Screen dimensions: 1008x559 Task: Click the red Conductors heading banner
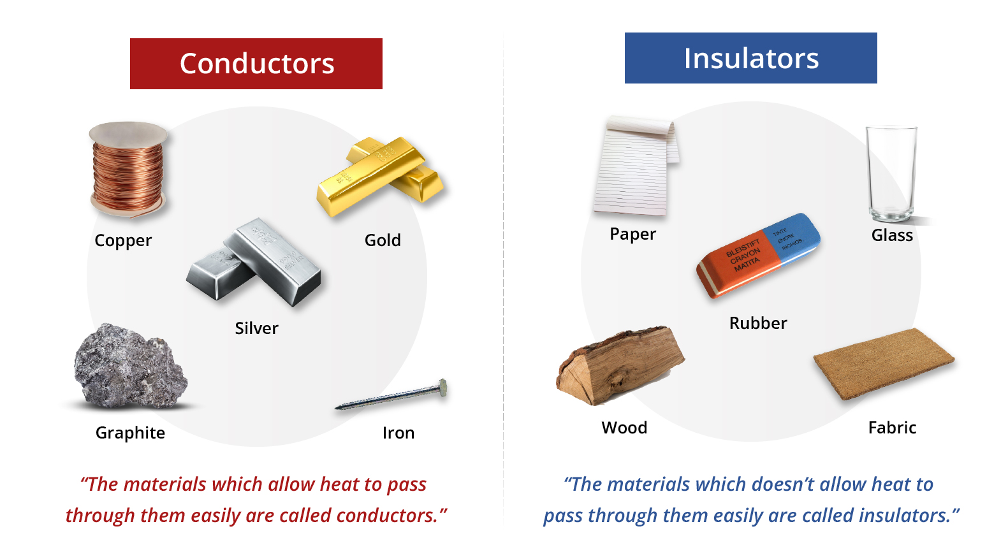pyautogui.click(x=256, y=63)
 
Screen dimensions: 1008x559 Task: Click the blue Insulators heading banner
pyautogui.click(x=750, y=58)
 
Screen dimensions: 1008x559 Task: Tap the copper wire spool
pyautogui.click(x=128, y=170)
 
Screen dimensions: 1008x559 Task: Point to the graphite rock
pyautogui.click(x=131, y=366)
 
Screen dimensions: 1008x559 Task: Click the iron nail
pyautogui.click(x=391, y=395)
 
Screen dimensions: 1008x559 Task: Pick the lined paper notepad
pyautogui.click(x=636, y=166)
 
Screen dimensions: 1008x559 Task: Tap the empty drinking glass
pyautogui.click(x=892, y=174)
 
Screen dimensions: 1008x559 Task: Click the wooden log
pyautogui.click(x=620, y=365)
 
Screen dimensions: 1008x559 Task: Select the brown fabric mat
pyautogui.click(x=884, y=364)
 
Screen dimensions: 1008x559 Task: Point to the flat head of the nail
pyautogui.click(x=443, y=388)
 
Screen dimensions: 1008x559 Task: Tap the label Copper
pyautogui.click(x=123, y=240)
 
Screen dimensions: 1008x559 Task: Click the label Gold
pyautogui.click(x=383, y=240)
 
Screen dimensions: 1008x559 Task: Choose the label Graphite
pyautogui.click(x=130, y=433)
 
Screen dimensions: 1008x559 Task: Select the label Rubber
pyautogui.click(x=758, y=323)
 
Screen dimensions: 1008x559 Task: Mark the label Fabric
pyautogui.click(x=893, y=428)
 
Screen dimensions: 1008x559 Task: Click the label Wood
pyautogui.click(x=625, y=428)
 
